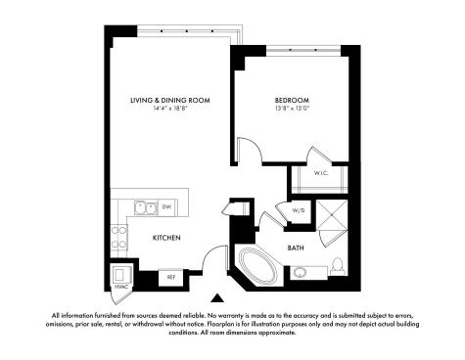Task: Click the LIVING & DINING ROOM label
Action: pos(170,100)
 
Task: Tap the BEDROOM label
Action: pos(292,100)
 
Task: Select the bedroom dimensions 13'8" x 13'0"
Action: pos(292,109)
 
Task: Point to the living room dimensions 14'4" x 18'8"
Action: pos(170,109)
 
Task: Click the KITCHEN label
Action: pos(166,238)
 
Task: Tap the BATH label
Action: pos(296,248)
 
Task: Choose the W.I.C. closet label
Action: pos(321,173)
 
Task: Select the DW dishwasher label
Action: pos(166,206)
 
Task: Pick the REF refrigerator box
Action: pos(171,278)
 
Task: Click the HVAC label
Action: pos(120,287)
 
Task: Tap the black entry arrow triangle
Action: pos(217,298)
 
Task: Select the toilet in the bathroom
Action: pos(337,265)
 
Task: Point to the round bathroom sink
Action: pos(299,273)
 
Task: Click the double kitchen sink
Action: pos(146,207)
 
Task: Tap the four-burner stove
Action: pos(118,238)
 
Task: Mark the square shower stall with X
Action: pos(332,215)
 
